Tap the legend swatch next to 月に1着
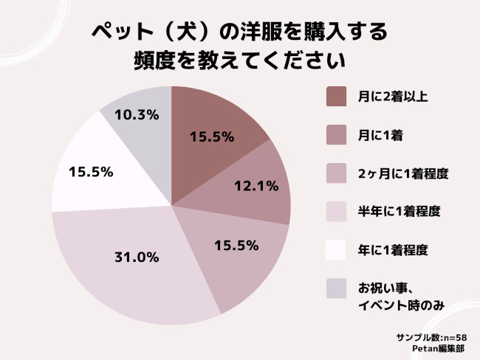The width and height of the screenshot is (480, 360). tap(336, 135)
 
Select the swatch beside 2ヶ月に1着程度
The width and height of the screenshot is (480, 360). tap(336, 173)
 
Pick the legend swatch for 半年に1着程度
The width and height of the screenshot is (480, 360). tap(336, 212)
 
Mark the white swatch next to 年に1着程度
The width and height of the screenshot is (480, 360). tap(336, 250)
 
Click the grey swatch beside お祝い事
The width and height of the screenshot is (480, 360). tap(336, 288)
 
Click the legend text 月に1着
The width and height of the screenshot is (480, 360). tap(380, 135)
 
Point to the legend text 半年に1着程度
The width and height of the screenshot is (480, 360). tap(399, 212)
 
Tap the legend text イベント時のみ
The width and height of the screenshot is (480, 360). tap(401, 305)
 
